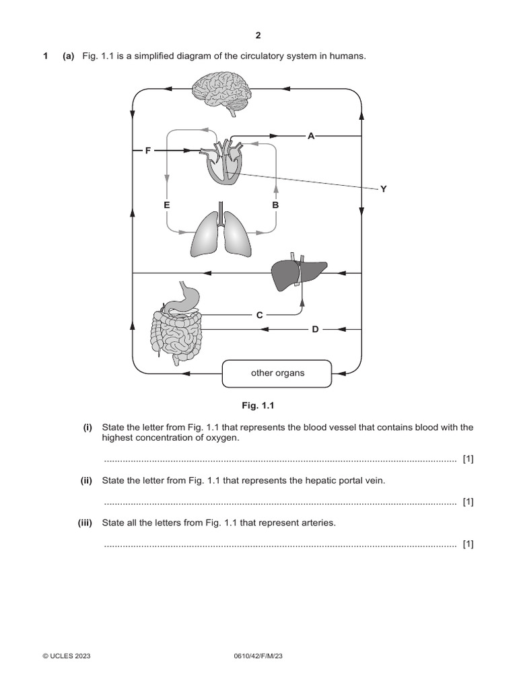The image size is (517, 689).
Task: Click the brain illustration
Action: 221,91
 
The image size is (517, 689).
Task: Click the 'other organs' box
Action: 277,373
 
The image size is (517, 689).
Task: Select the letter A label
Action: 310,136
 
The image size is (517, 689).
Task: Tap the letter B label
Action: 275,204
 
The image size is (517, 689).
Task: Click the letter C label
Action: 259,314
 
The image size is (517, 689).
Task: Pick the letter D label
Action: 314,329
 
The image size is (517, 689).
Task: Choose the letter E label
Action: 166,204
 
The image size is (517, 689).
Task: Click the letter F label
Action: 147,151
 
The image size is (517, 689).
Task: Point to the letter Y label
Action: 383,189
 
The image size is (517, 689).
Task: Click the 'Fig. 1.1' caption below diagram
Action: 258,406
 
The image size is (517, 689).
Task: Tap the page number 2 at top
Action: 258,35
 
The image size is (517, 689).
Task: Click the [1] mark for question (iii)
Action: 468,544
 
